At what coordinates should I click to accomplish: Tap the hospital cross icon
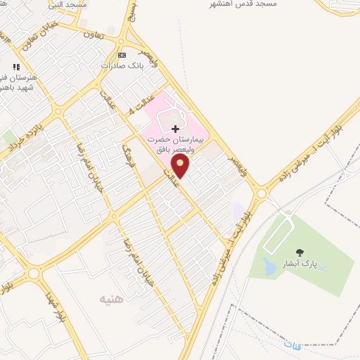(x=175, y=129)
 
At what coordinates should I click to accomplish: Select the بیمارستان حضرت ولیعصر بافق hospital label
(x=176, y=145)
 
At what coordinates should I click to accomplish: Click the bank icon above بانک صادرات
(x=122, y=55)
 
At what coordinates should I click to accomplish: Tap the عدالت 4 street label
(x=141, y=104)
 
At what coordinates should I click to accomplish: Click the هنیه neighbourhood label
(x=111, y=299)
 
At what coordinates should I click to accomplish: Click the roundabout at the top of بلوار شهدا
(x=33, y=273)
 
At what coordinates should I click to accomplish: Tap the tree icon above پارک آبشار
(x=300, y=252)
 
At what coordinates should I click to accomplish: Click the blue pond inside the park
(x=269, y=266)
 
